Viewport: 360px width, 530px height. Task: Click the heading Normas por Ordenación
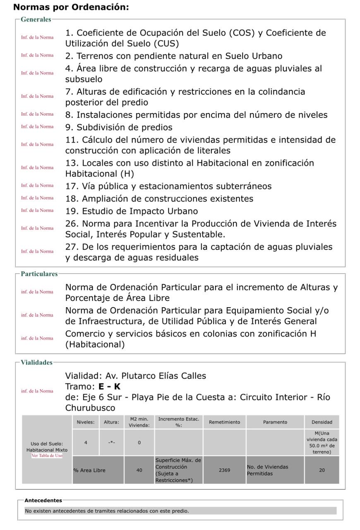coord(71,7)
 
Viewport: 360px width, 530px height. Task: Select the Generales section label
coord(36,19)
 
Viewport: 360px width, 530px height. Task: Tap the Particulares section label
coord(39,274)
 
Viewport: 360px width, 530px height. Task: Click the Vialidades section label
coord(37,363)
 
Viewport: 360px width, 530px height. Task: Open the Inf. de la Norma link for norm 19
coord(37,210)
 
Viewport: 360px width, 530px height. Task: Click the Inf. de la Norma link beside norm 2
coord(37,55)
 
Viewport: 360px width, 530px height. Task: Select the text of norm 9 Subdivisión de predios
coord(119,128)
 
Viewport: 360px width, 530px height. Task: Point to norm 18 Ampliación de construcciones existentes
coord(159,199)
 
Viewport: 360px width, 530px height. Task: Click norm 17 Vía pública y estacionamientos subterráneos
coord(168,186)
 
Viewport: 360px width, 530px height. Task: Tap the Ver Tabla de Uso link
coord(47,456)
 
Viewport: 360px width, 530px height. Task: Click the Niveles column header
coord(85,422)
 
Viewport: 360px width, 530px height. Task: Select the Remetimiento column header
coord(224,422)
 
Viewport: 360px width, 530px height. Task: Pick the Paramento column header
coord(275,422)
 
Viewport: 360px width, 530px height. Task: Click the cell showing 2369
coord(224,470)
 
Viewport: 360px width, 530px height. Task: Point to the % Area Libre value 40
coord(139,470)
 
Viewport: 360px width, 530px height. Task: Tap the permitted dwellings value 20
coord(322,470)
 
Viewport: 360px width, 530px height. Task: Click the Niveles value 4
coord(86,443)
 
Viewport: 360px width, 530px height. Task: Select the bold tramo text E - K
coord(109,387)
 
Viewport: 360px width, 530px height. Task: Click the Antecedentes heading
coord(43,501)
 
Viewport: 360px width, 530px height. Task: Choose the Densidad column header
coord(322,422)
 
